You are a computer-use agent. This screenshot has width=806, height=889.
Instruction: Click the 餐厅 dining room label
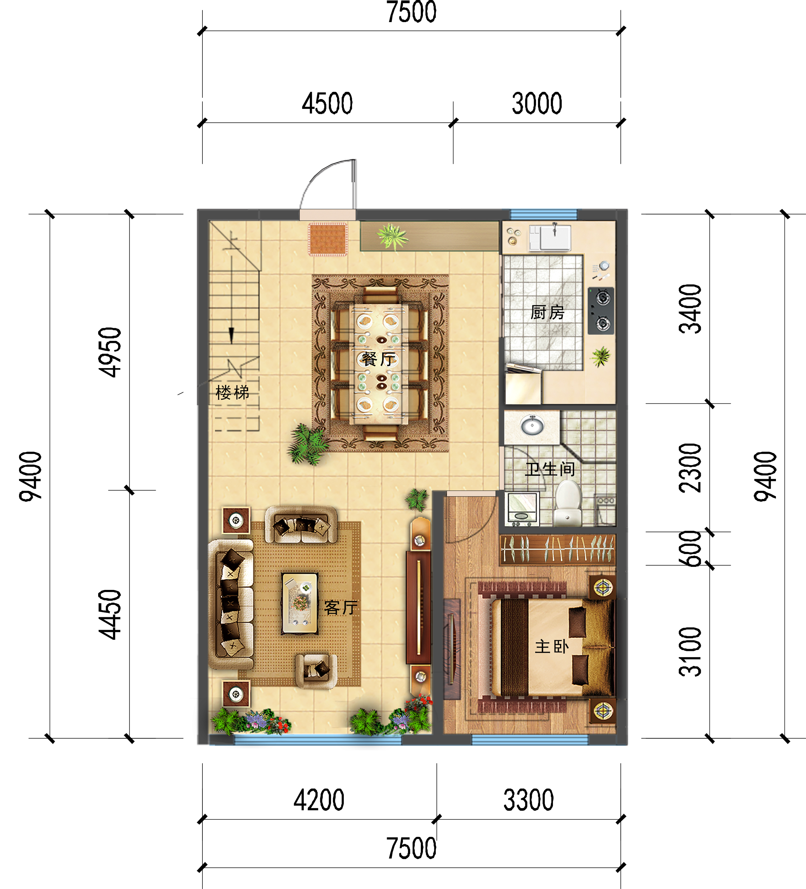pyautogui.click(x=378, y=359)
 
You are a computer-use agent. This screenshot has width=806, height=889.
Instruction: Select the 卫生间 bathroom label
pyautogui.click(x=550, y=469)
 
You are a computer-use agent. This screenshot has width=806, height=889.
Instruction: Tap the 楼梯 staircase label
pyautogui.click(x=232, y=392)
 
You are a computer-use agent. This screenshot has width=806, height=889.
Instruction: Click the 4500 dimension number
pyautogui.click(x=327, y=104)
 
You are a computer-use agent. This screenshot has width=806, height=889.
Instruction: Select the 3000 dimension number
pyautogui.click(x=537, y=104)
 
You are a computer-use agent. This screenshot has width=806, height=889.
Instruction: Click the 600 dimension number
pyautogui.click(x=690, y=548)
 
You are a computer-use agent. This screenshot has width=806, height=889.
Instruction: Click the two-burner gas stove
pyautogui.click(x=601, y=311)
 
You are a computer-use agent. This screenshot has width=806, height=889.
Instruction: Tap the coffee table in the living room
pyautogui.click(x=300, y=603)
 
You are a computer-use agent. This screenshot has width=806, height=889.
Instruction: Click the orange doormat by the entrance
pyautogui.click(x=328, y=240)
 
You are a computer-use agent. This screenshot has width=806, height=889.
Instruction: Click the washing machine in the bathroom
pyautogui.click(x=522, y=509)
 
